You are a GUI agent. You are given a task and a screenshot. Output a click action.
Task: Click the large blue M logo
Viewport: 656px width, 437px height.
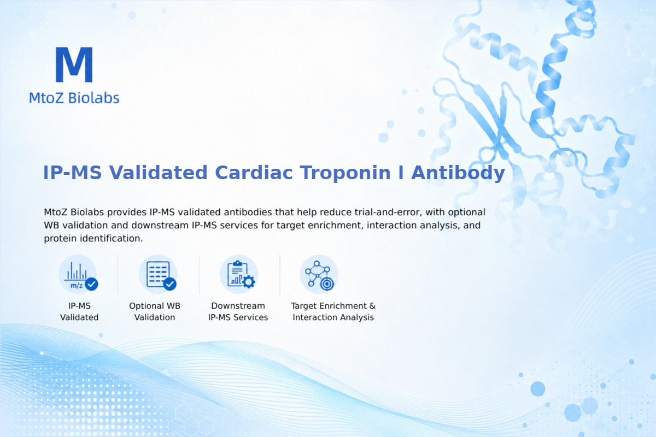click(x=74, y=64)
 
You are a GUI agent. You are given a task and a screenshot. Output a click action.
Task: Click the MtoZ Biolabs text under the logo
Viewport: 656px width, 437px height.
click(x=74, y=98)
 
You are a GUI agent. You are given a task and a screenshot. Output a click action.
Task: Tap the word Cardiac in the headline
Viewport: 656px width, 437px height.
click(x=254, y=173)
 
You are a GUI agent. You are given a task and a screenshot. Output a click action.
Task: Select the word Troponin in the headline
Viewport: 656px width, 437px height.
click(x=345, y=173)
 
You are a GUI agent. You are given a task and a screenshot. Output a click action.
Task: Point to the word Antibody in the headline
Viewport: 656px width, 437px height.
click(x=458, y=173)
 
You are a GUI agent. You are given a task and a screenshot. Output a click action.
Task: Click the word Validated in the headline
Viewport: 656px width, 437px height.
click(x=158, y=173)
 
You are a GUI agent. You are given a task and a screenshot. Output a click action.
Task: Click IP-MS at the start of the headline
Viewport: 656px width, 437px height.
click(x=72, y=173)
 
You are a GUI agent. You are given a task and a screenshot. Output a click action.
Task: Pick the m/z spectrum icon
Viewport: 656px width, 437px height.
click(x=78, y=275)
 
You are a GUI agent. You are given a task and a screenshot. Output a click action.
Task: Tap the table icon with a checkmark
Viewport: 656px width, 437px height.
click(x=158, y=275)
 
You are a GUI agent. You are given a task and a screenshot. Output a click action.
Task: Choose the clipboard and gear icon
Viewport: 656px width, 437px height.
click(x=239, y=275)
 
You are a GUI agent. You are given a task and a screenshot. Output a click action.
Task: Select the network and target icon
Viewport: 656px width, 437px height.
click(x=319, y=275)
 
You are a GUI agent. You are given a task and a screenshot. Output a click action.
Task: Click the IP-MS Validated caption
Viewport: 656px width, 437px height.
click(x=79, y=311)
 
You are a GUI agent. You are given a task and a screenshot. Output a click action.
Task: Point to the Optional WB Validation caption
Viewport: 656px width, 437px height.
click(x=155, y=311)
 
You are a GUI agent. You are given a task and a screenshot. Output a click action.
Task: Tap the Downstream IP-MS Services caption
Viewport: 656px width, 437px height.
click(x=238, y=311)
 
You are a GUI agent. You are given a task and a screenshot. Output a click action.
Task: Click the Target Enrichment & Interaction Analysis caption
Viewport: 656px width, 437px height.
click(x=333, y=311)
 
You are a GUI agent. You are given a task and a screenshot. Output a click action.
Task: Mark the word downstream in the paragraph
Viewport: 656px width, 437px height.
click(x=160, y=225)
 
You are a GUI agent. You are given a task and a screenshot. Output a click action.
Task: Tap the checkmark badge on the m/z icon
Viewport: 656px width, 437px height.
click(x=91, y=284)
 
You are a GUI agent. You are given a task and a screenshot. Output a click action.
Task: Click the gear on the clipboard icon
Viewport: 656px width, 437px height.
click(x=249, y=282)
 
